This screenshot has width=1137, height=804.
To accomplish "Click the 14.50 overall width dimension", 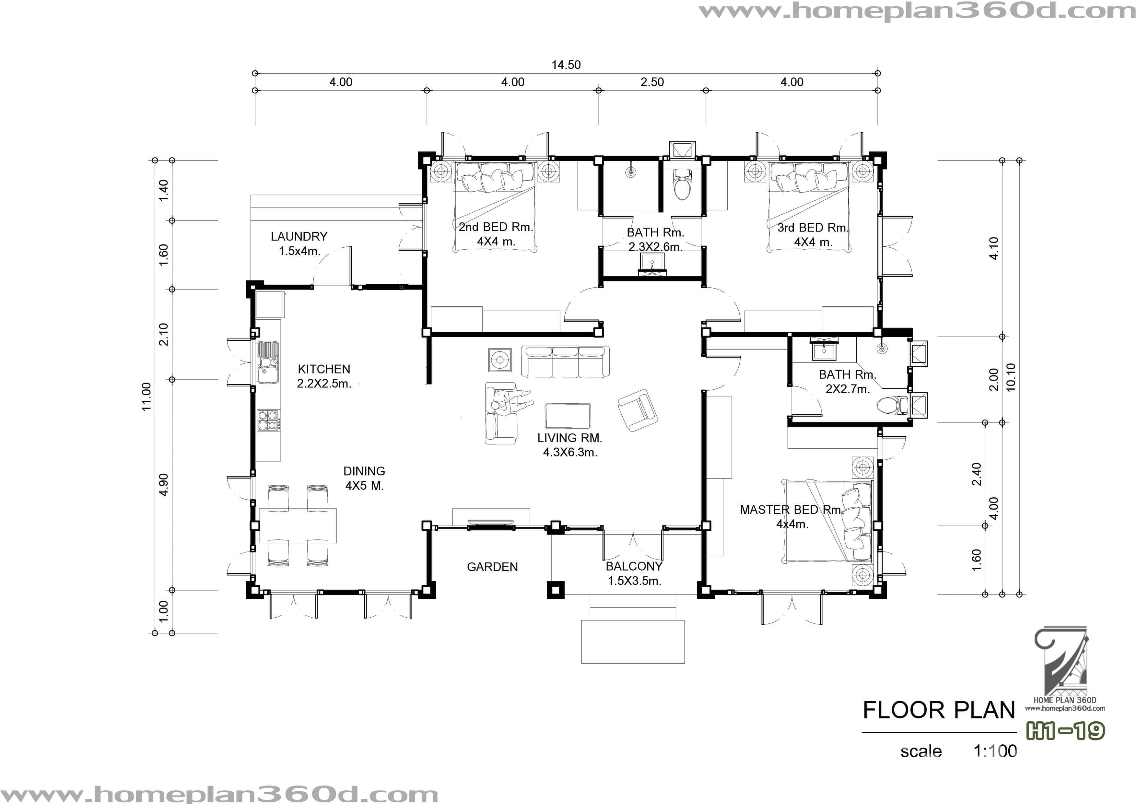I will point(566,65).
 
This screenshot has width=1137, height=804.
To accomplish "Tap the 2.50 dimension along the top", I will point(652,82).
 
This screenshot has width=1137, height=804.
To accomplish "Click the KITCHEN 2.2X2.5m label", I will point(324,376).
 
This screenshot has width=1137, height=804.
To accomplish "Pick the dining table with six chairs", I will point(298,526).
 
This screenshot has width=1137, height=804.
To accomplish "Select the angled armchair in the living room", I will point(638,410).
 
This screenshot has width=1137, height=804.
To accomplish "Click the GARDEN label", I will point(492,567).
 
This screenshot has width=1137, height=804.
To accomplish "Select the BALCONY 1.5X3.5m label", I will point(634,573).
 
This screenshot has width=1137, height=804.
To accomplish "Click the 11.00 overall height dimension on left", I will point(147,396).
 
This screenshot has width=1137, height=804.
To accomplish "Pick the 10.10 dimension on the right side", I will point(1011,377).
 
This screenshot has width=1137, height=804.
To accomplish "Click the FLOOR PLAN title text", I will point(939,710).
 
